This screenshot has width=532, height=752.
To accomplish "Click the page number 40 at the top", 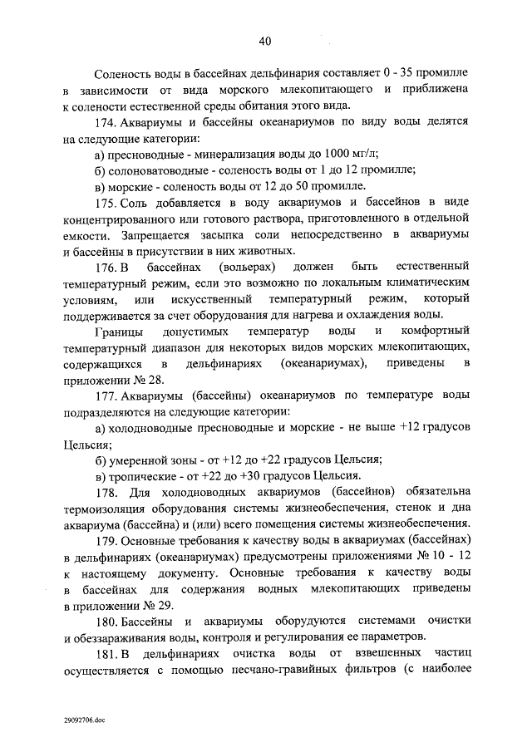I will tap(265, 41).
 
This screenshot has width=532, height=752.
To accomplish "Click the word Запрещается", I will tap(139, 236).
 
